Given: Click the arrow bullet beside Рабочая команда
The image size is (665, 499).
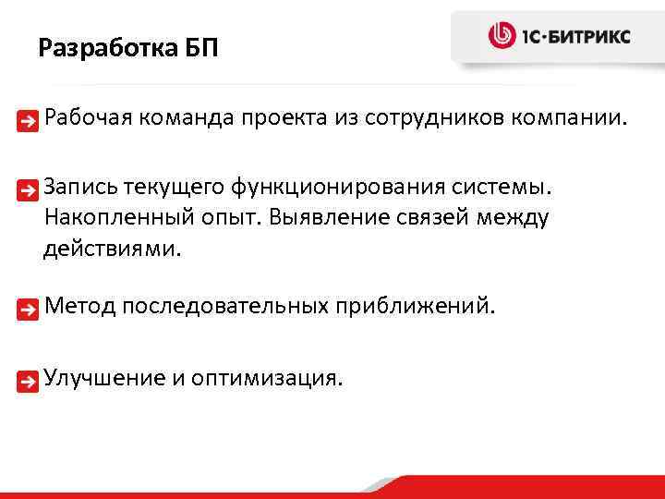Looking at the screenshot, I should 31,120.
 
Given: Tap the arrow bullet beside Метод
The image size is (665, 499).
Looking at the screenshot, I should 31,308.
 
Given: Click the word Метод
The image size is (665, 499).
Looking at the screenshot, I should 79,305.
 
